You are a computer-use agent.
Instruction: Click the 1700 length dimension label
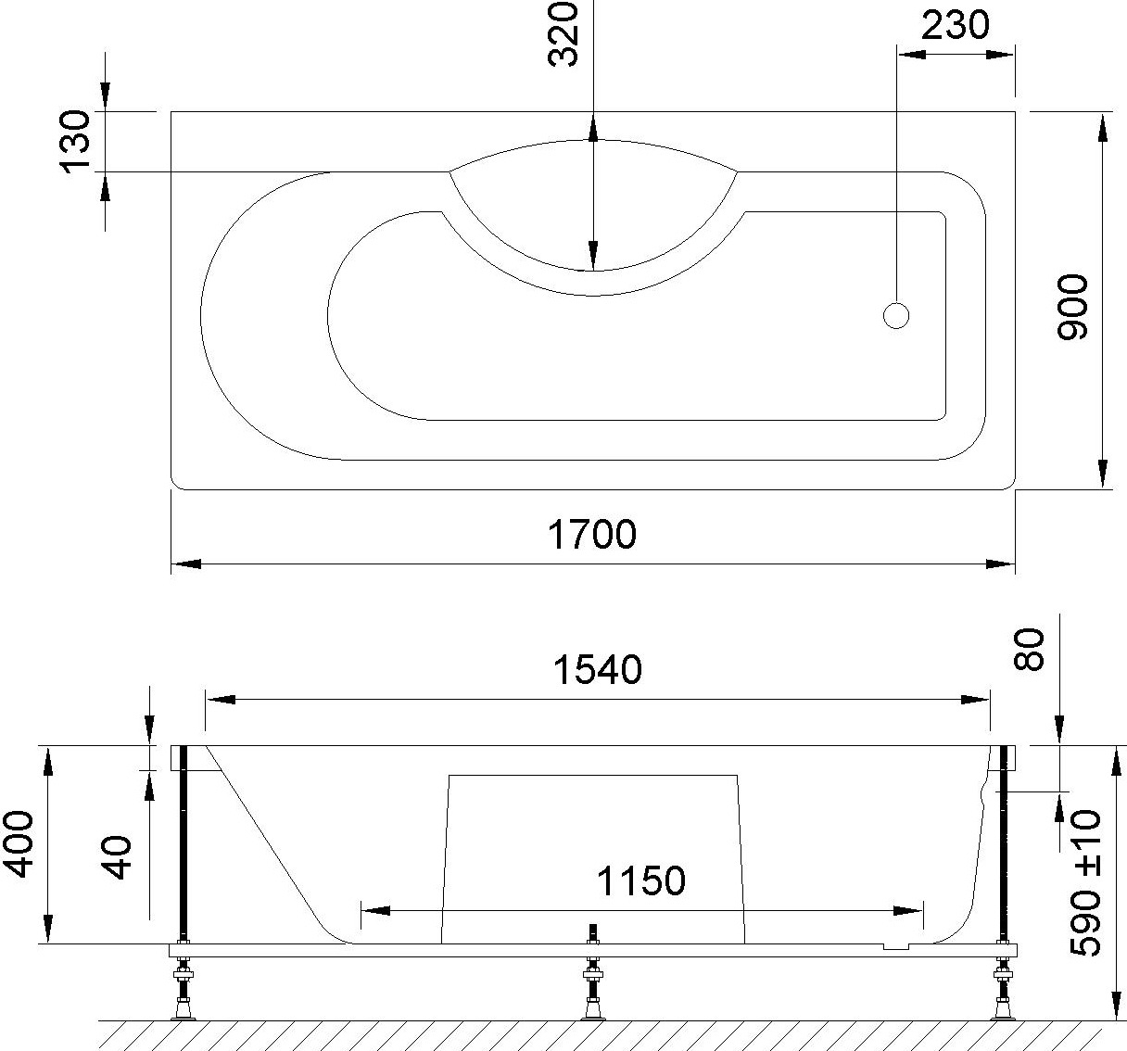(x=591, y=535)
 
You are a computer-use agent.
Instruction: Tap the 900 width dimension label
(x=1072, y=307)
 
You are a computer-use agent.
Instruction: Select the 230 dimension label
(x=955, y=26)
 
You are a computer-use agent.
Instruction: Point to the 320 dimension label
(x=563, y=34)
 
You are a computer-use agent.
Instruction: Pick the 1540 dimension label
(x=597, y=670)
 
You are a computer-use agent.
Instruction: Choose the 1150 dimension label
(x=640, y=880)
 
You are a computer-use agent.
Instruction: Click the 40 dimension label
(x=117, y=857)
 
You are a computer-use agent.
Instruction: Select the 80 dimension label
(x=1028, y=649)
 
